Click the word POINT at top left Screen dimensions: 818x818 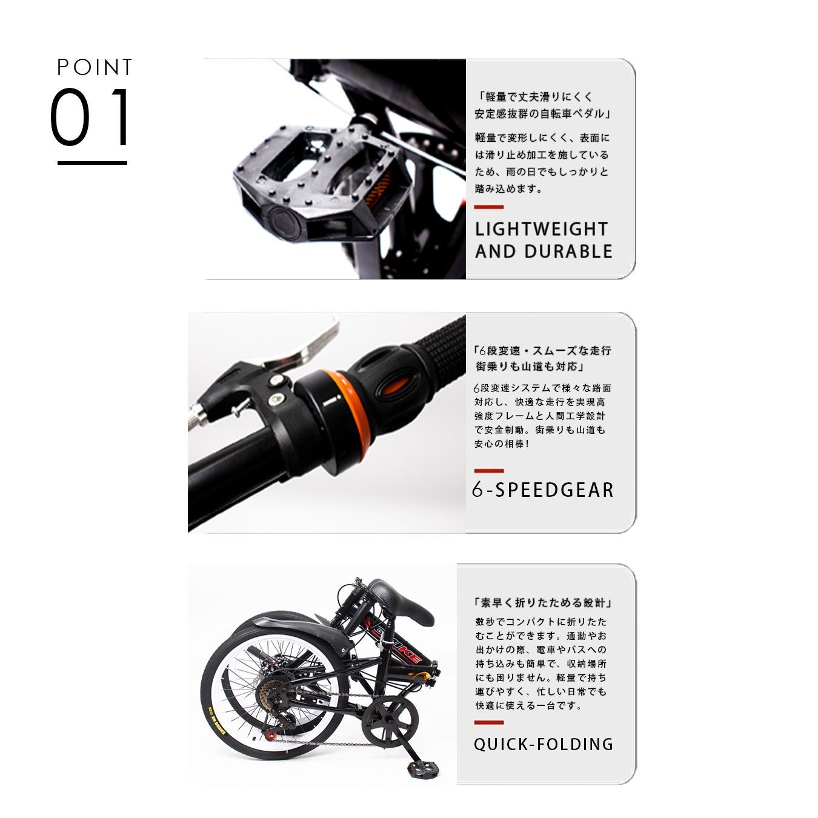(95, 67)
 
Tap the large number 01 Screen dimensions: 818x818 (91, 118)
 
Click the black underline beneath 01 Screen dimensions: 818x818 (92, 163)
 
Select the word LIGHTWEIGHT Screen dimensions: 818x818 (541, 230)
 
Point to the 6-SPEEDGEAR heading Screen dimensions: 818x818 (543, 490)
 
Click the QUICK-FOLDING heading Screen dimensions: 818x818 (544, 744)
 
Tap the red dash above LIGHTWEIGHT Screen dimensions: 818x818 (488, 207)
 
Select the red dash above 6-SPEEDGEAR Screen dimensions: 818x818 (488, 470)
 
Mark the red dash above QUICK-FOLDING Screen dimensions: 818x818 (488, 722)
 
